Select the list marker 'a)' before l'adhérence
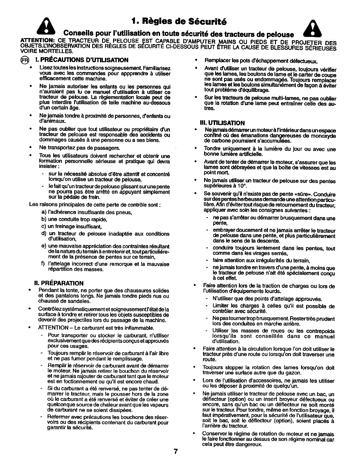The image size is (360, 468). pos(43,212)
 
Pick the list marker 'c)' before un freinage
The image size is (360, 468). pos(43,226)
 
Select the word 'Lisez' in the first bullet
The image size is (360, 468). pos(45,68)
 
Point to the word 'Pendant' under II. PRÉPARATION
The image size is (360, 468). pos(48,291)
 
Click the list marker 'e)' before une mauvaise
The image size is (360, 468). pos(43,247)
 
